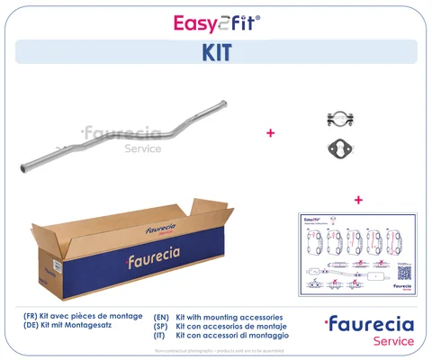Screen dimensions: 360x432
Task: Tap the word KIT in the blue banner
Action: click(216, 52)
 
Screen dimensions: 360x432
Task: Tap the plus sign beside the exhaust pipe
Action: click(269, 132)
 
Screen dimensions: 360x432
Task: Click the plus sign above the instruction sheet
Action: click(357, 199)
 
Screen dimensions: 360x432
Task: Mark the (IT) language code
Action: click(162, 337)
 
